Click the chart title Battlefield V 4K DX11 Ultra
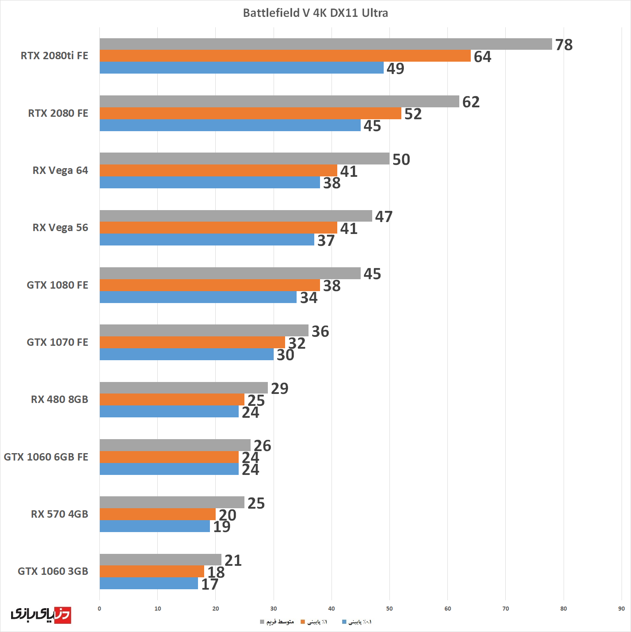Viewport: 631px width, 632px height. coord(315,13)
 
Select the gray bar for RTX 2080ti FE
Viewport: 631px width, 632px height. coord(325,44)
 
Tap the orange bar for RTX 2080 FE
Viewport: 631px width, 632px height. coord(250,113)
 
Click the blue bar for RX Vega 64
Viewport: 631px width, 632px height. coord(210,183)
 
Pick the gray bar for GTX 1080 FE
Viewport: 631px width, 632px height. coord(230,273)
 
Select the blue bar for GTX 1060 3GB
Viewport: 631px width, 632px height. coord(149,583)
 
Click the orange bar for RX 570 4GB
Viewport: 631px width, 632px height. coord(157,514)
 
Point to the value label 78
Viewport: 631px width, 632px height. coord(564,45)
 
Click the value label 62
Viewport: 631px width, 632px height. coord(471,102)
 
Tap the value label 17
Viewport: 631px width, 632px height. coord(210,584)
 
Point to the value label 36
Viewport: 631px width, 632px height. coord(320,331)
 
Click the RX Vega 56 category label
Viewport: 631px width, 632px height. coord(60,228)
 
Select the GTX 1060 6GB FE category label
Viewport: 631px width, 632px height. coord(46,457)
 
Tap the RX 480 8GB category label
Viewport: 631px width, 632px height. coord(60,400)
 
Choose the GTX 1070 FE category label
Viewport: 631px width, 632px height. coord(58,342)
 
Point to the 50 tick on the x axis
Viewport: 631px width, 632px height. coord(389,609)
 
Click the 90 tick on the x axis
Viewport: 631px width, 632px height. coord(621,609)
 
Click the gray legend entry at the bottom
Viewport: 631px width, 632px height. coord(277,622)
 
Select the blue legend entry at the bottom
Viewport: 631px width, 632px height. coord(357,622)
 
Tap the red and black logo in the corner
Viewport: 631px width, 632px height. coord(41,614)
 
